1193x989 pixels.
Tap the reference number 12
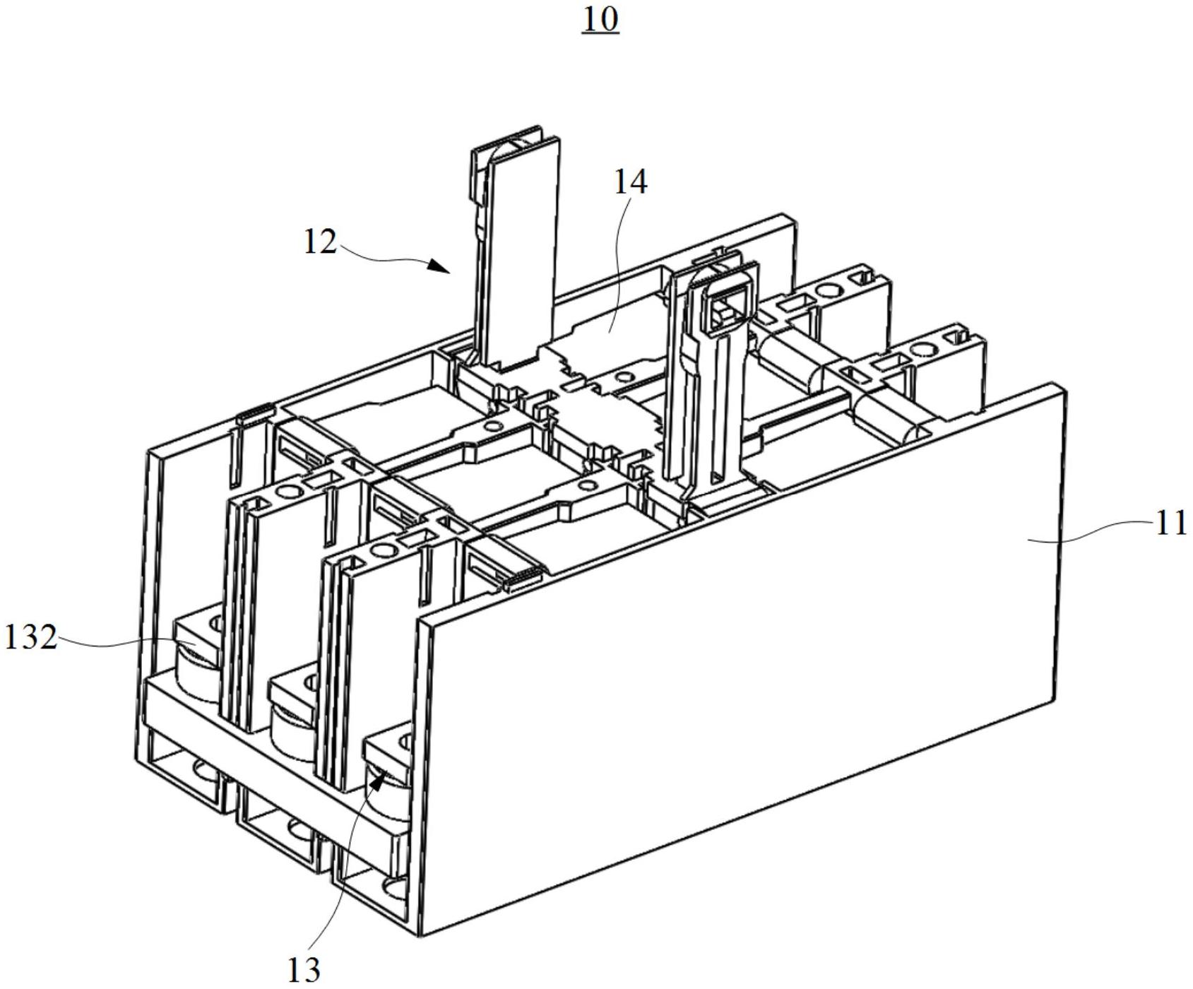(x=319, y=242)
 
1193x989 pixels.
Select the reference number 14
(x=629, y=182)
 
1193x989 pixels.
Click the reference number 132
(x=30, y=637)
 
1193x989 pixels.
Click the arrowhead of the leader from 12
(x=441, y=266)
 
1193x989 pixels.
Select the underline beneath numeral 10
(x=600, y=33)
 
